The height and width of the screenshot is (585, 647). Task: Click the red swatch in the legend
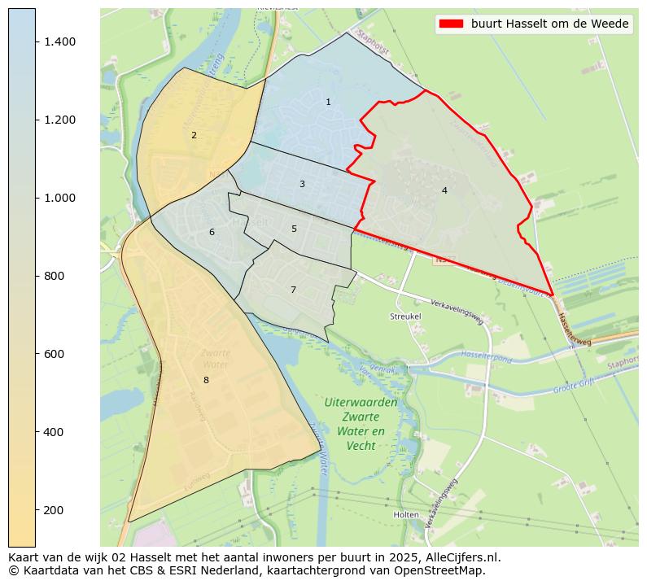(451, 24)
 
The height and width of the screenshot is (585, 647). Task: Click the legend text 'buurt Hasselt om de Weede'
(550, 24)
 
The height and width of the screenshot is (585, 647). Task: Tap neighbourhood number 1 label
(328, 103)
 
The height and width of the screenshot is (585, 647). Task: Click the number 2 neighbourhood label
(194, 136)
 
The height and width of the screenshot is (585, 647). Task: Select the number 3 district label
(302, 185)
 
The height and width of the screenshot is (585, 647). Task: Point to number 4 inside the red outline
(444, 191)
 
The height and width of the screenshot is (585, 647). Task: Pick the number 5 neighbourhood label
(294, 229)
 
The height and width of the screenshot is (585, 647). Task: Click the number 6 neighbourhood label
(212, 233)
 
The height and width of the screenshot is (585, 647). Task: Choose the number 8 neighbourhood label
(206, 381)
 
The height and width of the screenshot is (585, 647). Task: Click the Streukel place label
(405, 316)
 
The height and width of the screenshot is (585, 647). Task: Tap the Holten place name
(405, 515)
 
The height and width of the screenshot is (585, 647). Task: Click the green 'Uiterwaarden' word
(361, 403)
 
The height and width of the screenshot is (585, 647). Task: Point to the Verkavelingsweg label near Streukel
(457, 309)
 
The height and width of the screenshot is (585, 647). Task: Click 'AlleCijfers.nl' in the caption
(463, 558)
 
